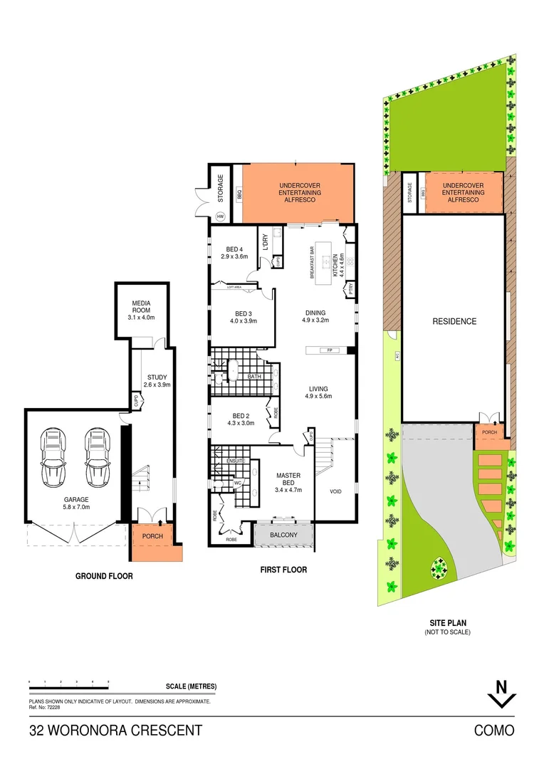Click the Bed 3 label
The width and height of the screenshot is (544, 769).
click(x=244, y=313)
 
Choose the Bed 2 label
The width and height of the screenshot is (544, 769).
click(x=240, y=416)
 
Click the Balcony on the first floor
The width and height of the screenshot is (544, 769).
click(x=283, y=535)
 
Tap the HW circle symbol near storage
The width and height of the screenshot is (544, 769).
click(x=220, y=216)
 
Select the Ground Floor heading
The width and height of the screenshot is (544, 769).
click(x=104, y=576)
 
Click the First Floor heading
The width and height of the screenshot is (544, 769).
click(x=284, y=570)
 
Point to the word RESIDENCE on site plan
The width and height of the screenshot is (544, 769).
click(x=454, y=322)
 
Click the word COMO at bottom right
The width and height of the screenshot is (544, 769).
click(x=494, y=731)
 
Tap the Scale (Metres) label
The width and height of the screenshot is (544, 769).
click(x=191, y=686)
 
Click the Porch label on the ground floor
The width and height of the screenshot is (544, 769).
click(x=152, y=536)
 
